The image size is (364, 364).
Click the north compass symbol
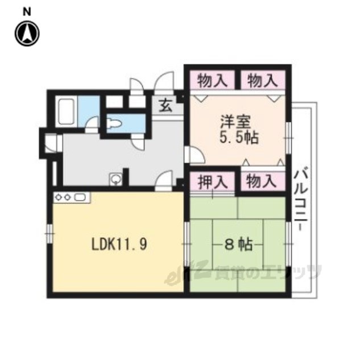[27, 34]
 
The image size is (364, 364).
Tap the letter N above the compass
[27, 12]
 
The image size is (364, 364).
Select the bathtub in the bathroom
[66, 111]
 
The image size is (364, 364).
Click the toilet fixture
[114, 123]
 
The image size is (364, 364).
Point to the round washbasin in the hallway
[115, 179]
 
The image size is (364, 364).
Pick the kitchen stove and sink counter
[72, 197]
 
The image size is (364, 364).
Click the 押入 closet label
[213, 182]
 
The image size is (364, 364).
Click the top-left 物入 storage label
[212, 81]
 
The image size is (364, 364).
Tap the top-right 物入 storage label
[262, 81]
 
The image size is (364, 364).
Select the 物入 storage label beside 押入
[262, 181]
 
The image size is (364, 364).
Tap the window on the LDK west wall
[49, 233]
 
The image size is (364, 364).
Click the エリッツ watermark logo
[243, 272]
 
